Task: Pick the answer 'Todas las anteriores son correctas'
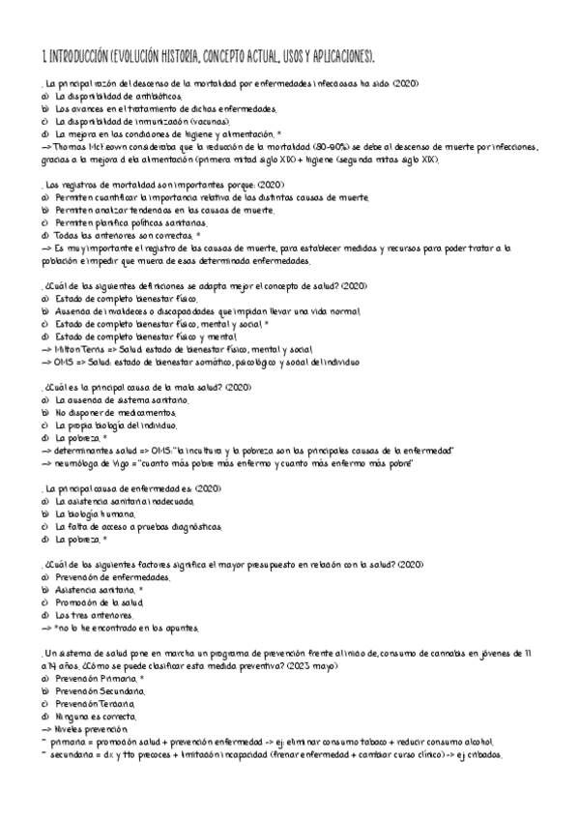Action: tap(123, 235)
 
